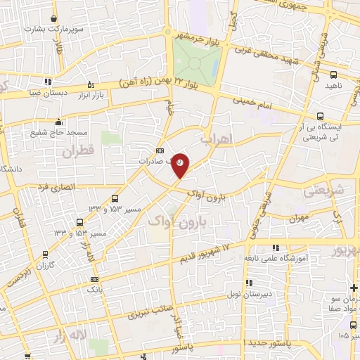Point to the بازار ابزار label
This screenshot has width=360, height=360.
pos(90,94)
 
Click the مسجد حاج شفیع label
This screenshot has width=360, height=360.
pos(58,131)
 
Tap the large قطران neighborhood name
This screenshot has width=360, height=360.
pos(77,151)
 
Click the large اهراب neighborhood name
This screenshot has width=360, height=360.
pos(216,139)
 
